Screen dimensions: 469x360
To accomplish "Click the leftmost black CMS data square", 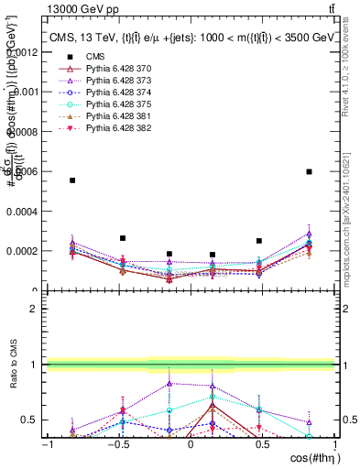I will point(72,180).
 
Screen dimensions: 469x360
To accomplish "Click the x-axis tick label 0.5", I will point(263,444).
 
